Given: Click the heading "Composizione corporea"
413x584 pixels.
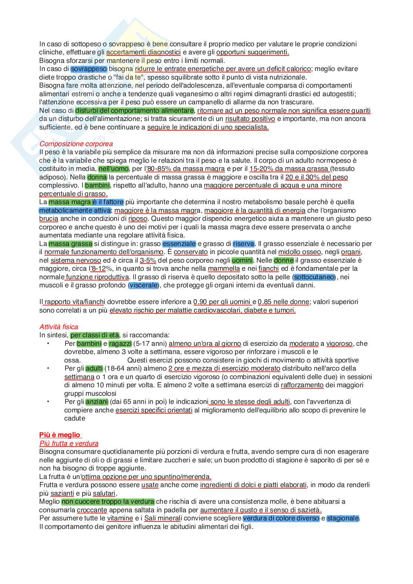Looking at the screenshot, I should (76, 144).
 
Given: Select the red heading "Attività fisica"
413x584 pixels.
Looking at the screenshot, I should (59, 327).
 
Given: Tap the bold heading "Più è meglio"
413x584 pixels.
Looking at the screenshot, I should (60, 435).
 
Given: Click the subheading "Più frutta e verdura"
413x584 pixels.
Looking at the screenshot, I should (69, 443).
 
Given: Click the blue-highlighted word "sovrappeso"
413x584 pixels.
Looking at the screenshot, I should (89, 69).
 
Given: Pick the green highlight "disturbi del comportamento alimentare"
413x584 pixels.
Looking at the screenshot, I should (134, 111).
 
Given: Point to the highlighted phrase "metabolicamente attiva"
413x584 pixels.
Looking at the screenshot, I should (75, 210).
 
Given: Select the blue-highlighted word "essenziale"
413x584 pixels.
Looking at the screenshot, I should (179, 244).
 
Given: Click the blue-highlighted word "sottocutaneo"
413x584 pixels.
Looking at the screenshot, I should (314, 277).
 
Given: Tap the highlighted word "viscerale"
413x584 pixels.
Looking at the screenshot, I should (144, 286).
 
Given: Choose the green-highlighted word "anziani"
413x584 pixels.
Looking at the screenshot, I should (97, 402).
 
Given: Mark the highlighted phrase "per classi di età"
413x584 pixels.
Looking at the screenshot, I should (95, 335).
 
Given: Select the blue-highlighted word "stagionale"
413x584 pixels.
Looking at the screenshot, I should (343, 518).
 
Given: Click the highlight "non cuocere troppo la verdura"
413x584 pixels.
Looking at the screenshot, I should (108, 502).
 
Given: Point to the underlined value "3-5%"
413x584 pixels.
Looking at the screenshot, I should (148, 260).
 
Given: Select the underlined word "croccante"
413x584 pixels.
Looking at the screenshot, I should (92, 510).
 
